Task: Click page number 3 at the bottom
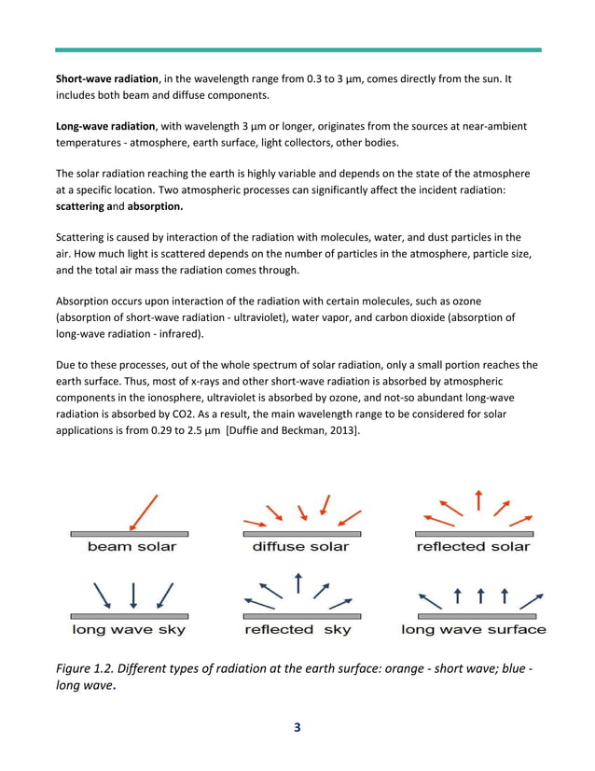click(297, 728)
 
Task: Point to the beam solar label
click(131, 546)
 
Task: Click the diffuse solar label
click(300, 546)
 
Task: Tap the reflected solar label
click(473, 546)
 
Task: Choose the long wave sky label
click(129, 630)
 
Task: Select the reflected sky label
click(297, 630)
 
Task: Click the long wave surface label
click(474, 630)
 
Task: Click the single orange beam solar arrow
click(145, 512)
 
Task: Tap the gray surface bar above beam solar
click(130, 534)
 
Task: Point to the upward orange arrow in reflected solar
click(477, 499)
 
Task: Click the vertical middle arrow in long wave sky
click(133, 595)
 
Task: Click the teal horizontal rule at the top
click(297, 49)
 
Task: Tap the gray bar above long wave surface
click(476, 617)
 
